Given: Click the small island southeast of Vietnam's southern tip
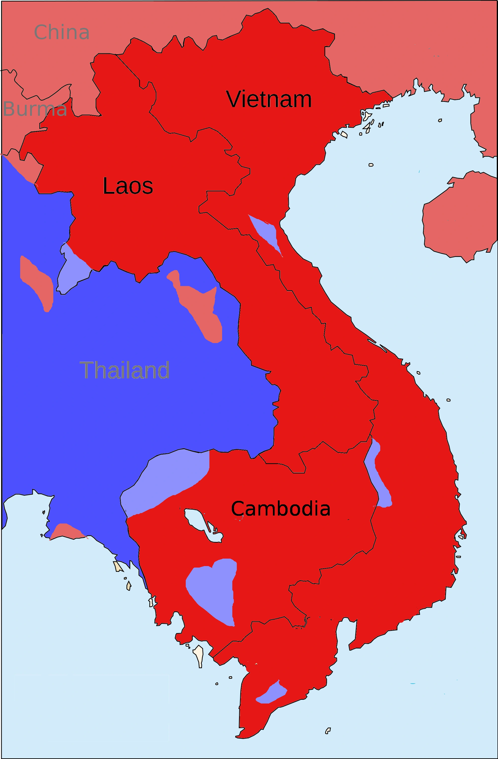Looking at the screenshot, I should (328, 731).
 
